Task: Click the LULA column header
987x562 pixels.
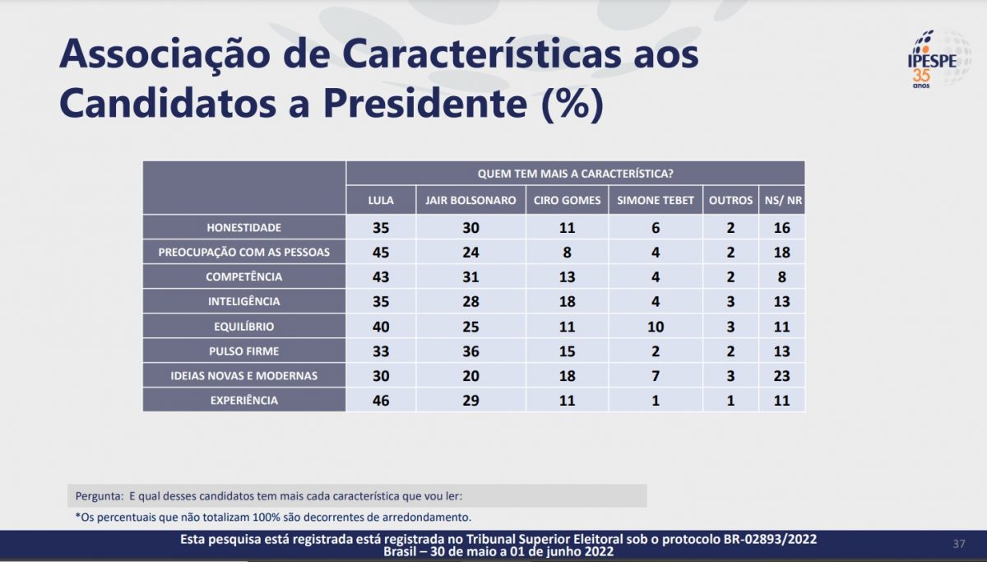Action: [381, 201]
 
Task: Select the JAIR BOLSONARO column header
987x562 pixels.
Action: [470, 201]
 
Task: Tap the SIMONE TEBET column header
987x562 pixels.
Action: [656, 201]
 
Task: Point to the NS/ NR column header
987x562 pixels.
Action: [783, 201]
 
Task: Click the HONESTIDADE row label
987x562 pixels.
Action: [244, 227]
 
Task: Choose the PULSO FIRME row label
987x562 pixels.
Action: [244, 351]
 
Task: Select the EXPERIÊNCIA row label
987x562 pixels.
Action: [244, 400]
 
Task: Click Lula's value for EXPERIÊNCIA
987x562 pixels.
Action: [381, 400]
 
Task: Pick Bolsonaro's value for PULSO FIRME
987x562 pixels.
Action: [470, 351]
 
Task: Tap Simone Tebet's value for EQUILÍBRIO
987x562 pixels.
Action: [656, 327]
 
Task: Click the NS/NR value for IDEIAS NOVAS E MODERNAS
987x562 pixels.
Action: [781, 376]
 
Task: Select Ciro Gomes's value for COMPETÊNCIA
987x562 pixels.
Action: [567, 276]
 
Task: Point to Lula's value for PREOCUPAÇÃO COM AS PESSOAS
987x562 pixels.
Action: [381, 252]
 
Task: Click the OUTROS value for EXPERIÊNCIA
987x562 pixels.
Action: [730, 400]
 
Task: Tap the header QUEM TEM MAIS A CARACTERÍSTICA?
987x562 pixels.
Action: [576, 174]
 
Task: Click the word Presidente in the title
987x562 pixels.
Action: [425, 103]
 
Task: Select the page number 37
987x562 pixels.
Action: [959, 544]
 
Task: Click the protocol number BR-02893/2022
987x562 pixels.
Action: [770, 539]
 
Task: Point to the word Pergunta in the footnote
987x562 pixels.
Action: [100, 496]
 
